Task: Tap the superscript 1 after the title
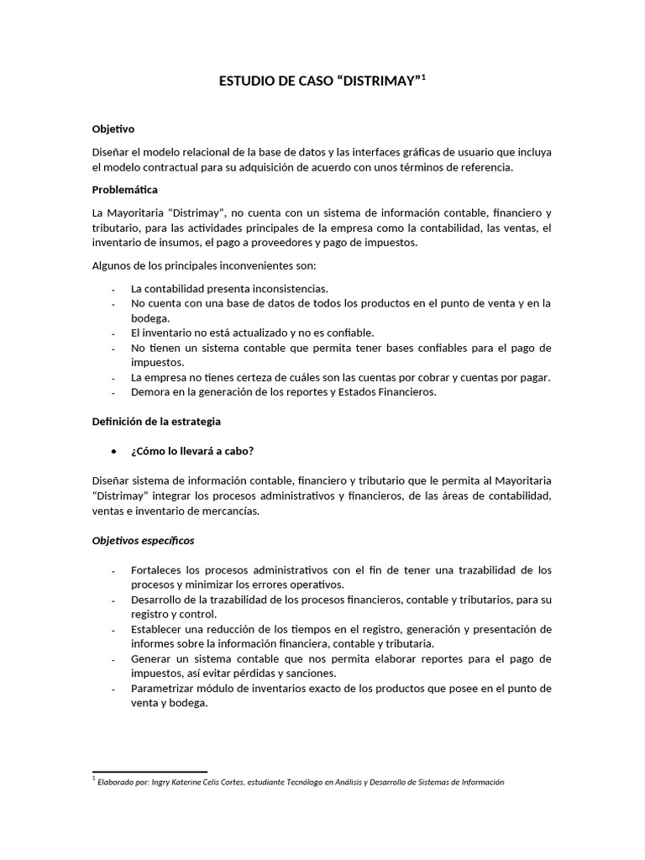click(424, 77)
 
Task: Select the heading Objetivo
click(113, 128)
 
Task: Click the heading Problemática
click(124, 189)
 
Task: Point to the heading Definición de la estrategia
click(156, 421)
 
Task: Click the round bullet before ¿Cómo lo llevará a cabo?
click(113, 451)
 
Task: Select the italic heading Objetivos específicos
click(143, 540)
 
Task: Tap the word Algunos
click(113, 265)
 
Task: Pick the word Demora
click(150, 392)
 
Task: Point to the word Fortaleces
click(158, 569)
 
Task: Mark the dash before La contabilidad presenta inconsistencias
click(113, 288)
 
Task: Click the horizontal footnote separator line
click(149, 771)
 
